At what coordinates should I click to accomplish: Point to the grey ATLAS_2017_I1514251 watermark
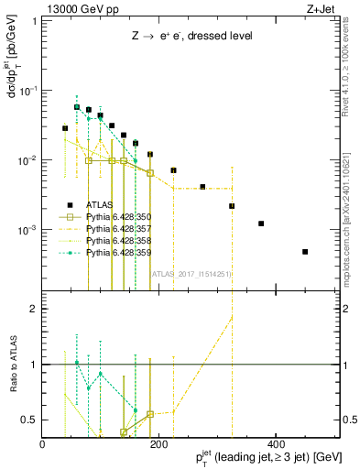(191, 273)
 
